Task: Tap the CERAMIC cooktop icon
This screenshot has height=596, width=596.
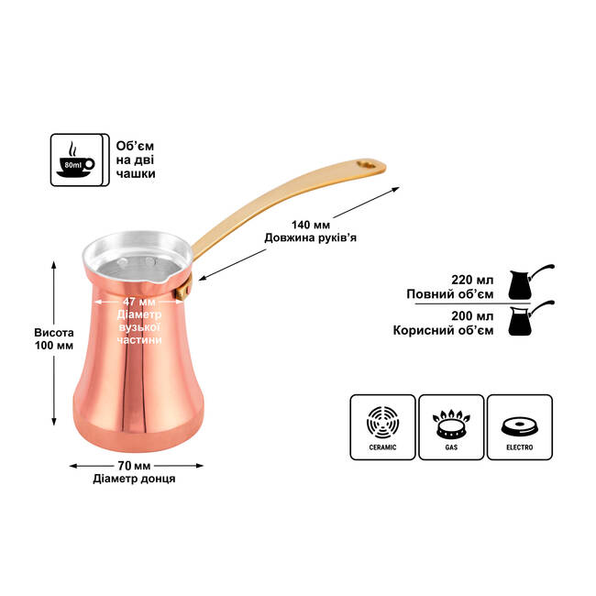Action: click(383, 426)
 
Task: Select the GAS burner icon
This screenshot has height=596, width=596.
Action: click(451, 426)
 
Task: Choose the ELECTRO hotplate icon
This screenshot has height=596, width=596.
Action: click(519, 426)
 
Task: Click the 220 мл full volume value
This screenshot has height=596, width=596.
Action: click(472, 281)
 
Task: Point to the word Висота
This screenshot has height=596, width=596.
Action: click(53, 333)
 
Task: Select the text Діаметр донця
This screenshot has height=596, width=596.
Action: click(134, 478)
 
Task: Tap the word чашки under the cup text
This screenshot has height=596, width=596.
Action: click(136, 173)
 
